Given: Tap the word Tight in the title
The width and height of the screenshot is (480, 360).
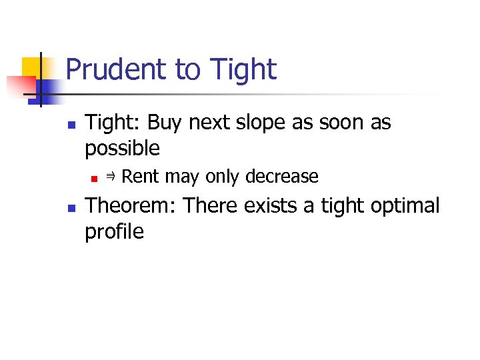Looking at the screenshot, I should point(243,69).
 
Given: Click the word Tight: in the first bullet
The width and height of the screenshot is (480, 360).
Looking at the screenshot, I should point(114,123).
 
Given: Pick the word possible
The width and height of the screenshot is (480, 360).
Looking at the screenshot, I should point(123,148).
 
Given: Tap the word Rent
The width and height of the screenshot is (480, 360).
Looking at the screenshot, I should point(141,177).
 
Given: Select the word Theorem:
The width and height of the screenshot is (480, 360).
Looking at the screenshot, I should point(131,206).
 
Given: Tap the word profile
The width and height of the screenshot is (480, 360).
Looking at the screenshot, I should point(114,231).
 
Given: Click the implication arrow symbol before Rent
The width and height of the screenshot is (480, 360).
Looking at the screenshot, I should point(111,177).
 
